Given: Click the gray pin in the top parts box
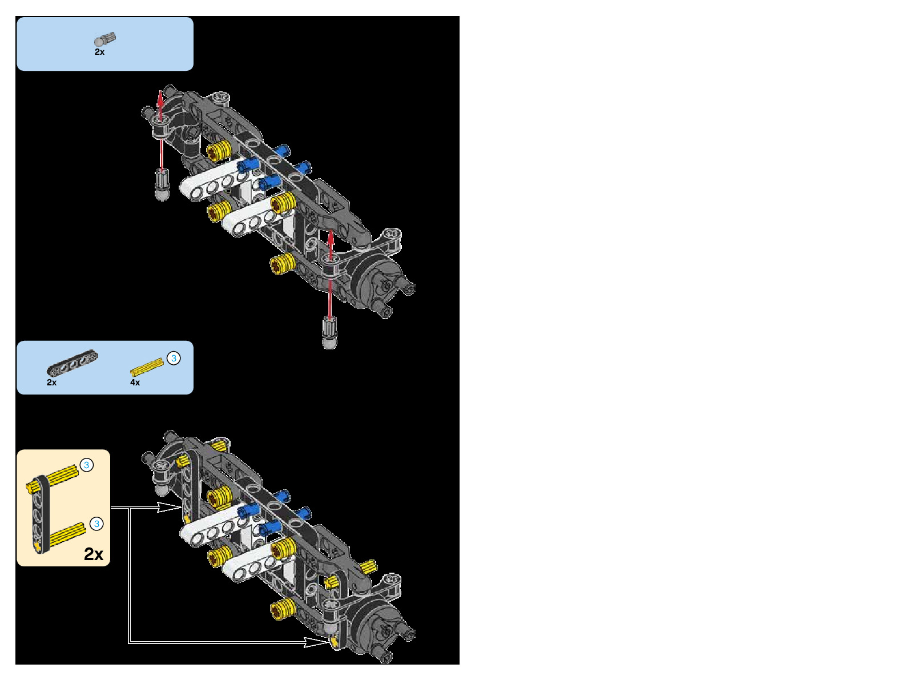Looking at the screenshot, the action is pyautogui.click(x=104, y=39).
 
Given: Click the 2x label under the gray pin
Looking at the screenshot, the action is pyautogui.click(x=99, y=52).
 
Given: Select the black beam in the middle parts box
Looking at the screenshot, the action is pyautogui.click(x=73, y=363).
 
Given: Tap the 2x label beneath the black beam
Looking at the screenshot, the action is pyautogui.click(x=51, y=383).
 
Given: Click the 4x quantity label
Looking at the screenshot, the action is pyautogui.click(x=135, y=383).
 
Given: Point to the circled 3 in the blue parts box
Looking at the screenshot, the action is pyautogui.click(x=174, y=358).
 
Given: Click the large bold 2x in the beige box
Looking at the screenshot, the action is pyautogui.click(x=94, y=554).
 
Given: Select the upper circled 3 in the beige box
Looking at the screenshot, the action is pyautogui.click(x=86, y=465).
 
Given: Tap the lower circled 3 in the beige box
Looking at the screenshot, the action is pyautogui.click(x=96, y=524).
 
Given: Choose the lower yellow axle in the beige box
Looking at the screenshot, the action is pyautogui.click(x=66, y=534).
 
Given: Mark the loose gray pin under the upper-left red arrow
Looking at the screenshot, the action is pyautogui.click(x=162, y=184).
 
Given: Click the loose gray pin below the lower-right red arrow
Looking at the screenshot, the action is pyautogui.click(x=329, y=333).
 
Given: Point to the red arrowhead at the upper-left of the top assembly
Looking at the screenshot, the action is pyautogui.click(x=160, y=96).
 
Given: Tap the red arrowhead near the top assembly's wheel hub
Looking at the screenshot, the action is pyautogui.click(x=331, y=235).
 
